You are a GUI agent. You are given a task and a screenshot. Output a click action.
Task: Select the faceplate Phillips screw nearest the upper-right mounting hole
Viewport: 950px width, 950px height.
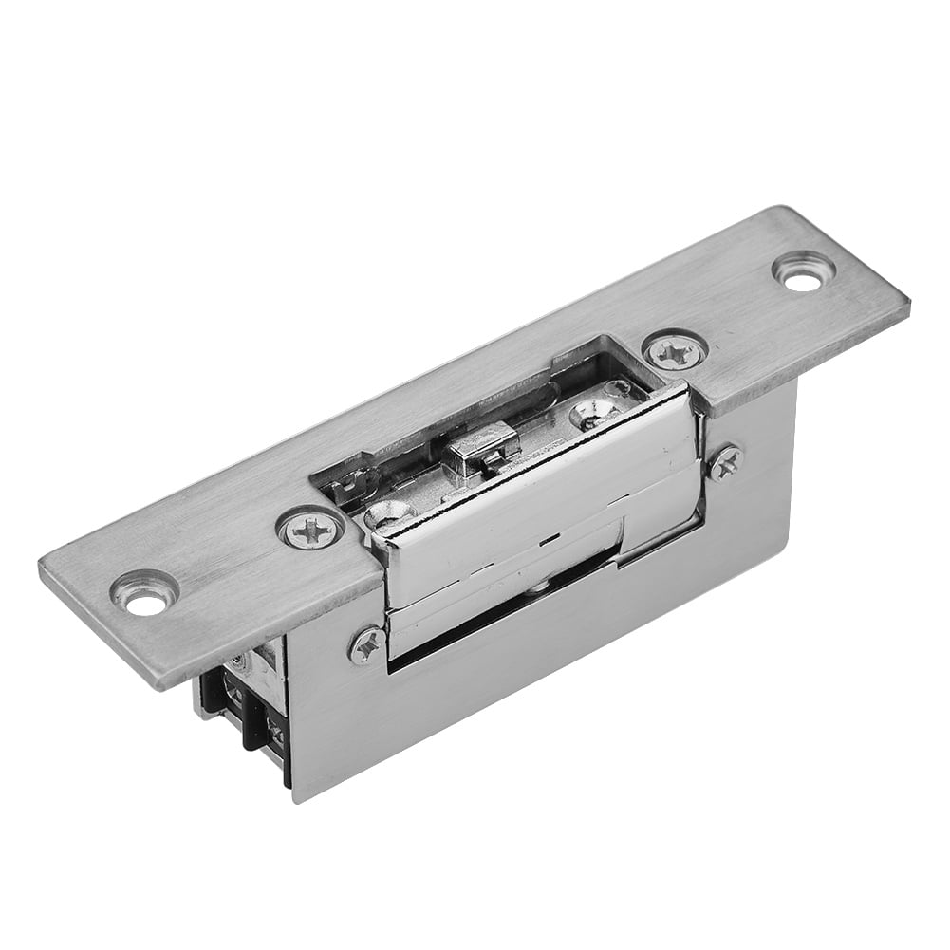pos(677,351)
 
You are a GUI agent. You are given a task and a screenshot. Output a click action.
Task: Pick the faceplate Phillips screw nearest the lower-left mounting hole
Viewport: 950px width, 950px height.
pos(310,528)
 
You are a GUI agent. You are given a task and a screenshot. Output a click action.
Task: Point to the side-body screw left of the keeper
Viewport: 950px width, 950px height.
pos(366,645)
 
